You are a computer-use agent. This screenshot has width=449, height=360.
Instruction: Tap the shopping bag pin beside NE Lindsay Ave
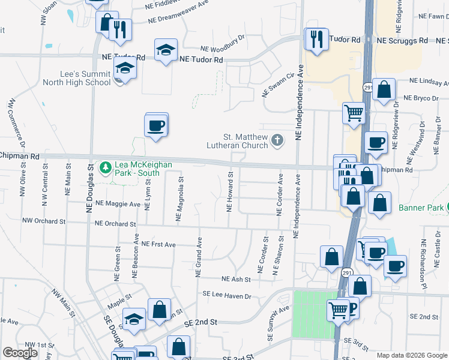[384, 90]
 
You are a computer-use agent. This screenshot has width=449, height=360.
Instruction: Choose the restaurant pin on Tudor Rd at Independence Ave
[316, 40]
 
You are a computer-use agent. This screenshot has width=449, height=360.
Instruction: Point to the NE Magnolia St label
[179, 199]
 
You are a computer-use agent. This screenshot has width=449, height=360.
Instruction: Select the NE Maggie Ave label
[114, 204]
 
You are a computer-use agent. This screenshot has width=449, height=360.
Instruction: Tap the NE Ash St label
[236, 279]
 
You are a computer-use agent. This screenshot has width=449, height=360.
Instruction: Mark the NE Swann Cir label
[280, 85]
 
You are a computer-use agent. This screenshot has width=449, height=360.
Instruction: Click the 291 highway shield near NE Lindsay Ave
[367, 88]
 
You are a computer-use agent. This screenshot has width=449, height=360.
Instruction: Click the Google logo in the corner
[20, 352]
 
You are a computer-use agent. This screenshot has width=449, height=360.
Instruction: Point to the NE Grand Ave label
[199, 256]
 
